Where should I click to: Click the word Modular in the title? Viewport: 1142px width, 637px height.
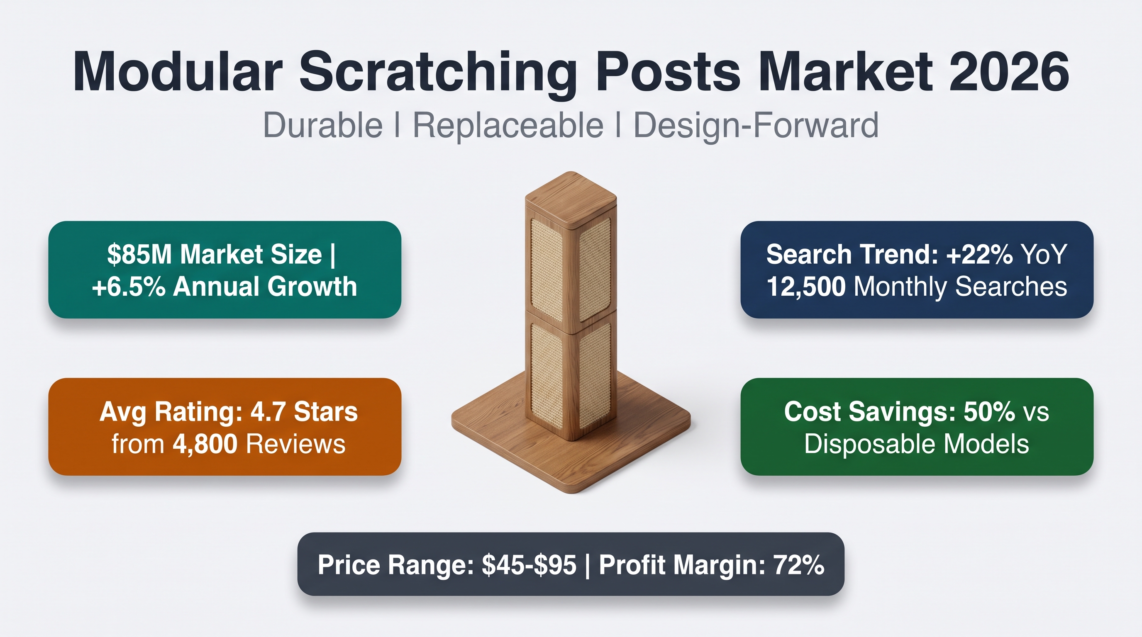tap(178, 72)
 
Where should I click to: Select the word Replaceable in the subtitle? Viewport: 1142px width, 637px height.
tap(508, 125)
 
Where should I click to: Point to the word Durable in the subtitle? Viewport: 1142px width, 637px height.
tap(323, 125)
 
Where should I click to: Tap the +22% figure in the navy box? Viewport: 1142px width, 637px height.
tap(980, 254)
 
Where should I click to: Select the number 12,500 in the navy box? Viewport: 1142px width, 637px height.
tap(806, 287)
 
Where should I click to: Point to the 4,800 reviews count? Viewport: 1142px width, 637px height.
tap(205, 444)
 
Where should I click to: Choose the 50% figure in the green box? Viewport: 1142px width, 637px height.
tap(989, 411)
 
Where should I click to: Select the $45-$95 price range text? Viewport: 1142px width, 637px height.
tap(530, 565)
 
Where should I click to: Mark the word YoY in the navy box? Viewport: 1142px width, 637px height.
tap(1044, 254)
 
